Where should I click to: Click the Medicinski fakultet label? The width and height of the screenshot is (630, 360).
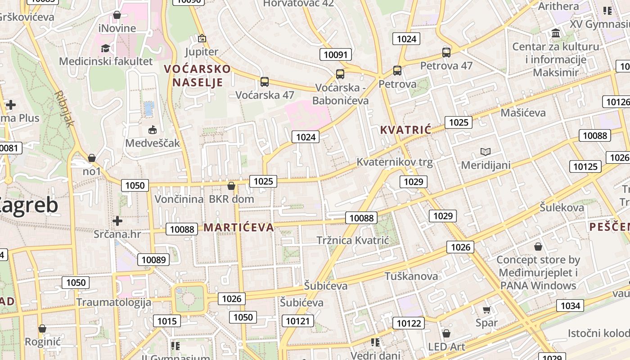[106, 61]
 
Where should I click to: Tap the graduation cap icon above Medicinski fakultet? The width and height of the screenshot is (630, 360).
[105, 48]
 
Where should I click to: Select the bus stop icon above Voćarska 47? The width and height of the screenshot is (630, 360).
[265, 82]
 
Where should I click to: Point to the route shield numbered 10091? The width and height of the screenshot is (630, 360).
[336, 55]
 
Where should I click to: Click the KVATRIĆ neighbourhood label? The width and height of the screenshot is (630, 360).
[405, 130]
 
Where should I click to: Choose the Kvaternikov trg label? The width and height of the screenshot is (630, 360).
[395, 162]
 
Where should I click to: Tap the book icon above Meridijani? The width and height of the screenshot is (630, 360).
[486, 152]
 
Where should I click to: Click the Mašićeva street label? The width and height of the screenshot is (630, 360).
[523, 112]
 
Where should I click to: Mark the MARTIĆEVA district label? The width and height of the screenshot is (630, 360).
[238, 227]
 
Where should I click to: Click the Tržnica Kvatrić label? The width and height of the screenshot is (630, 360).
[352, 240]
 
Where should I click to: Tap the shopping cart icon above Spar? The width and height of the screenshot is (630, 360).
[486, 310]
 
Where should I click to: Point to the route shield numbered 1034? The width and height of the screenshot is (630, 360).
[571, 306]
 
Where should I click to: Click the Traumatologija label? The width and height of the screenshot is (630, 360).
[114, 302]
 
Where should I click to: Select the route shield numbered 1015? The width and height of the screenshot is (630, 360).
[167, 321]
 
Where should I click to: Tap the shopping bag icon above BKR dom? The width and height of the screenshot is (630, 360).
[231, 186]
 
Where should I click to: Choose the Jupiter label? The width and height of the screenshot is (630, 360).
[202, 52]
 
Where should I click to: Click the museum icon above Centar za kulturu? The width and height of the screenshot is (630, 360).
[556, 33]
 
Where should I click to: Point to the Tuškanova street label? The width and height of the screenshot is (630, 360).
[411, 276]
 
